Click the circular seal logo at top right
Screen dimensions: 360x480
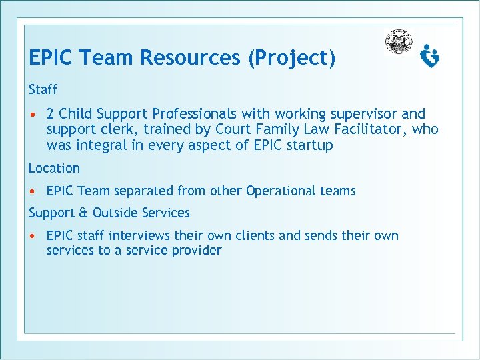[399, 42]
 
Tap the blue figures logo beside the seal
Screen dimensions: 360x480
[430, 56]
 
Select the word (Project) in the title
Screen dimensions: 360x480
[291, 59]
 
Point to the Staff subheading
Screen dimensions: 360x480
[43, 89]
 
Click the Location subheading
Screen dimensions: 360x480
[54, 168]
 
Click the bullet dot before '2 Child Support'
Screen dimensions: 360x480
[32, 115]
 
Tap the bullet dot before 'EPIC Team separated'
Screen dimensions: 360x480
[32, 191]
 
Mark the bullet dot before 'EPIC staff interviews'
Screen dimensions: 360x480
[32, 236]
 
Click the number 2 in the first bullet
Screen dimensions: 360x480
[51, 114]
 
